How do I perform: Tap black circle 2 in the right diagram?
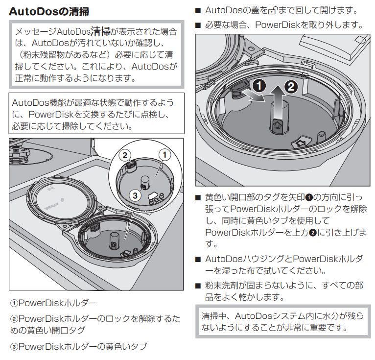point(290,87)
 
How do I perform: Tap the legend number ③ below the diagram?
point(14,347)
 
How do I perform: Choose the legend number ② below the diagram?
point(14,319)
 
